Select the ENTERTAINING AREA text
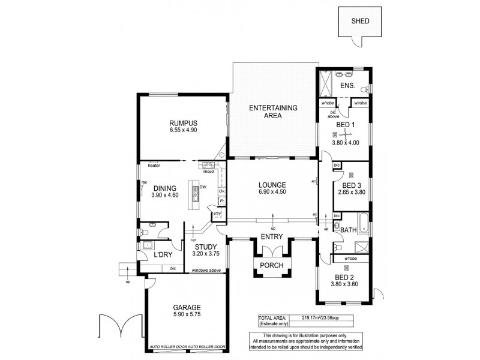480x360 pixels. click(x=274, y=112)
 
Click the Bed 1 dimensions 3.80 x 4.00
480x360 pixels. click(x=345, y=143)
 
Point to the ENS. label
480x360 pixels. click(x=347, y=86)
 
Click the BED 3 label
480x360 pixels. click(x=350, y=185)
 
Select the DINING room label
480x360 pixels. click(x=163, y=188)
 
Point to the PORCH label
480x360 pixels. click(x=272, y=265)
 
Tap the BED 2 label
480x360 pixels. click(x=343, y=278)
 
